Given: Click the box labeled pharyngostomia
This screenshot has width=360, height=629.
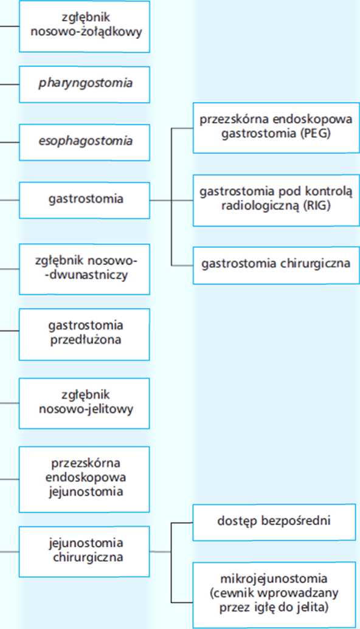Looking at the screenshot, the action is coord(85,84).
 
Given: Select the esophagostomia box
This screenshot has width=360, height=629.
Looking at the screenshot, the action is coord(85,142).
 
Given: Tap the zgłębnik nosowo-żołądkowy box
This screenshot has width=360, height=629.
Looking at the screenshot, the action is coord(85,26).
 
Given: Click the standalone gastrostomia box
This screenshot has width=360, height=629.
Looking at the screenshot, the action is coord(85,200).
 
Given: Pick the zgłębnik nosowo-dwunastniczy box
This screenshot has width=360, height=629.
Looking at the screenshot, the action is coord(85,269).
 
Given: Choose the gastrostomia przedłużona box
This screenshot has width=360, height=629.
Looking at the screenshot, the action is coord(85,334).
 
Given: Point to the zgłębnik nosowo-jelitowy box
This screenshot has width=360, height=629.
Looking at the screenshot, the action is coord(85,403).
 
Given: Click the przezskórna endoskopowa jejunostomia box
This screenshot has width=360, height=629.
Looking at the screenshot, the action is coord(85,479).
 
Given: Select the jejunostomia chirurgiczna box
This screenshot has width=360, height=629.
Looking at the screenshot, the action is coord(85,552).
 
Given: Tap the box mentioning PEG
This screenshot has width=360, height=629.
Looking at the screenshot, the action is coord(276,128).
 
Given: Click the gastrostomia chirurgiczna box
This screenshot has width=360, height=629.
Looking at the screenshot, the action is coord(276,266).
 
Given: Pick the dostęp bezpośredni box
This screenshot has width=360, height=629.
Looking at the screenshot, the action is coord(274,522).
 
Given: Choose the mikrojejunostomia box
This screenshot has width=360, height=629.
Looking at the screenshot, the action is coord(274,595).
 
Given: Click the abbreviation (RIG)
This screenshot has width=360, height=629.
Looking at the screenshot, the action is coord(317,206).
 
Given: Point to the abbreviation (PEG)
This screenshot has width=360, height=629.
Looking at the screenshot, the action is coord(316,134).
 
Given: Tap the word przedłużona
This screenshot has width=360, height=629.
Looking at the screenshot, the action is coord(86,340).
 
